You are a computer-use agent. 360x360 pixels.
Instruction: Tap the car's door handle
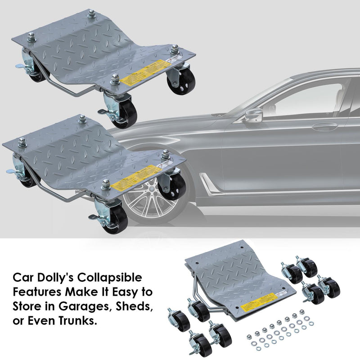pos(324,126)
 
